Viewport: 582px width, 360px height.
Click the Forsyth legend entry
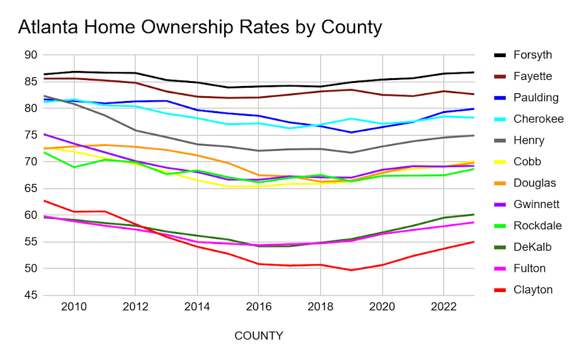click(532, 55)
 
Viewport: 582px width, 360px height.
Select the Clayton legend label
click(532, 290)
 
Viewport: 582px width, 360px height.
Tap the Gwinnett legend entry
click(536, 204)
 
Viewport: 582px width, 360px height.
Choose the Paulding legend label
click(536, 97)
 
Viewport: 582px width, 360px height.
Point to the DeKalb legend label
click(532, 247)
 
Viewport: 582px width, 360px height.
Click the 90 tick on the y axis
click(31, 55)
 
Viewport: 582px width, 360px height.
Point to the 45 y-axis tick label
click(31, 296)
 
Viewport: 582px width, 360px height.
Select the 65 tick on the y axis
click(31, 189)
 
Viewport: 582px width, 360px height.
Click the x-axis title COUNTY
click(258, 335)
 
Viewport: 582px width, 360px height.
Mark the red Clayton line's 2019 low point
click(351, 270)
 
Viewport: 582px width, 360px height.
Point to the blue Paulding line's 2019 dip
click(351, 132)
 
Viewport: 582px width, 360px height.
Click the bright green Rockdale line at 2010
click(74, 167)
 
